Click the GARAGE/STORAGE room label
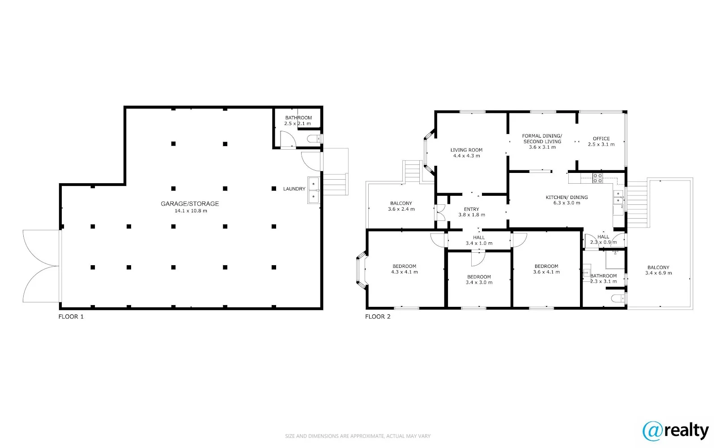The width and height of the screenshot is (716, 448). pos(190,203)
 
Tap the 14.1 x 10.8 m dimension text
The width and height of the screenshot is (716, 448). pos(191,211)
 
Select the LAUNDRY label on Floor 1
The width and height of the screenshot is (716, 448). pos(294,189)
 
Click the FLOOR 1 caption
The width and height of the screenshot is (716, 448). pos(71,317)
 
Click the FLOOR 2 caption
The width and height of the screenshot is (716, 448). pos(378,317)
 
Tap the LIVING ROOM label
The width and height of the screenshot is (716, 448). pos(466,150)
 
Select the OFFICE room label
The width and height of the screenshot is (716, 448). pos(601,138)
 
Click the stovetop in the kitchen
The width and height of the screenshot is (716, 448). pos(598,178)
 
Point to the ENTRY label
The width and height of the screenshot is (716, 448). pos(471,209)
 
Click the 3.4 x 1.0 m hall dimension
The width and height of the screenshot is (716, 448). pos(479,243)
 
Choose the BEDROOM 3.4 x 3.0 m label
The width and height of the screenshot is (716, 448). pos(479,277)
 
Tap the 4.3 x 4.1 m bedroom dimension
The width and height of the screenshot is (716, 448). pos(404,272)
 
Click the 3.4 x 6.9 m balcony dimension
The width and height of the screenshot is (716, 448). pos(658,273)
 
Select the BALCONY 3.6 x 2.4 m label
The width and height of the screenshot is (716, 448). pos(401,203)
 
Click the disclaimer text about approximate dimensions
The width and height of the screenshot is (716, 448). pos(358,436)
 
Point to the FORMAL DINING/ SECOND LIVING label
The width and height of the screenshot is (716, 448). pos(542,138)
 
